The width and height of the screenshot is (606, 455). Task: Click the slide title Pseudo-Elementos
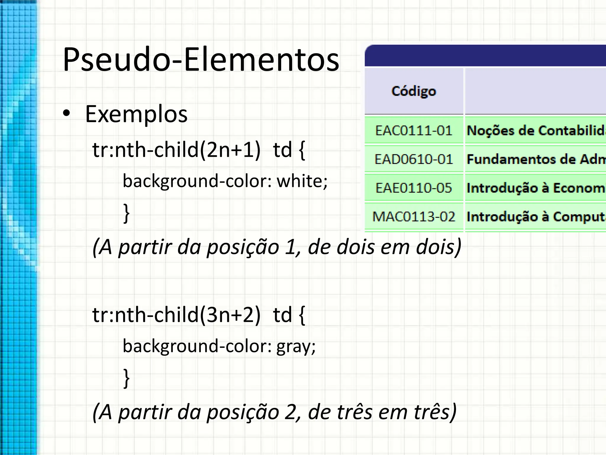[201, 60]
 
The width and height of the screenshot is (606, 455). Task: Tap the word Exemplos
[136, 114]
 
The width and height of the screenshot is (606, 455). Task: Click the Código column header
[414, 91]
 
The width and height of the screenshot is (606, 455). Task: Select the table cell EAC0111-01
[414, 131]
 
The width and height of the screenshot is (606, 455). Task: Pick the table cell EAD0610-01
[414, 159]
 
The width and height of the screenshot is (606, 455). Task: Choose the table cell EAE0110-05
[414, 188]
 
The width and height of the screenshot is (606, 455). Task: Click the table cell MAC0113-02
[414, 217]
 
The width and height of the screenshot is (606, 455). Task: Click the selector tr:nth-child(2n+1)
[176, 150]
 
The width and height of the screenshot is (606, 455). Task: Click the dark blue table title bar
[485, 56]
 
